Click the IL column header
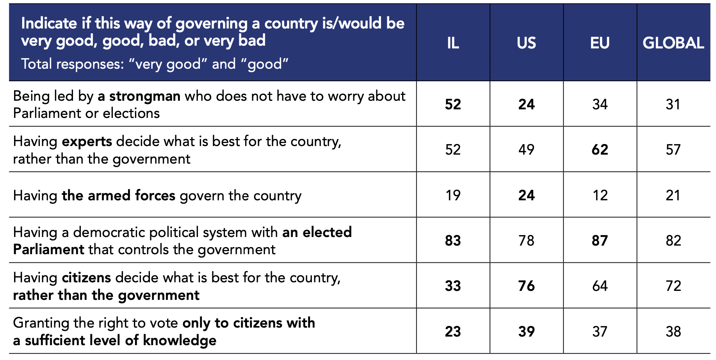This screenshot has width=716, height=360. [x=453, y=43]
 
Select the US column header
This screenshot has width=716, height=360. [x=526, y=43]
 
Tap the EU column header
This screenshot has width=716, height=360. [x=600, y=43]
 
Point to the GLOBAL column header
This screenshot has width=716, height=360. [x=673, y=43]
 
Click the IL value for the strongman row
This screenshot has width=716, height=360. [x=453, y=104]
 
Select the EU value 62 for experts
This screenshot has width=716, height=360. [x=600, y=150]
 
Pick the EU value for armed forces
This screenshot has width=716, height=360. [x=600, y=195]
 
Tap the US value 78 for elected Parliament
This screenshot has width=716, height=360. [x=526, y=241]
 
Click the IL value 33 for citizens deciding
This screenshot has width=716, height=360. [x=453, y=286]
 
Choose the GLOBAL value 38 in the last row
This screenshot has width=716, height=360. [x=673, y=331]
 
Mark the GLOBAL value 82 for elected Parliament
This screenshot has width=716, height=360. [x=673, y=241]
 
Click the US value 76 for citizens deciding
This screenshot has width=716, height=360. [x=526, y=286]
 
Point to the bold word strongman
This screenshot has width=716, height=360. [x=144, y=96]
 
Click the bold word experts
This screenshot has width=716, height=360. [x=87, y=141]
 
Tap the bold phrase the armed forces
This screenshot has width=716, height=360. [x=119, y=195]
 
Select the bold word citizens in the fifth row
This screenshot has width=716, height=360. [x=86, y=278]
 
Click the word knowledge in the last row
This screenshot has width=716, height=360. [x=180, y=340]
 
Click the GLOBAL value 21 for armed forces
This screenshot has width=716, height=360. [x=673, y=195]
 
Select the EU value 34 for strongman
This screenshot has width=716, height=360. [x=600, y=104]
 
